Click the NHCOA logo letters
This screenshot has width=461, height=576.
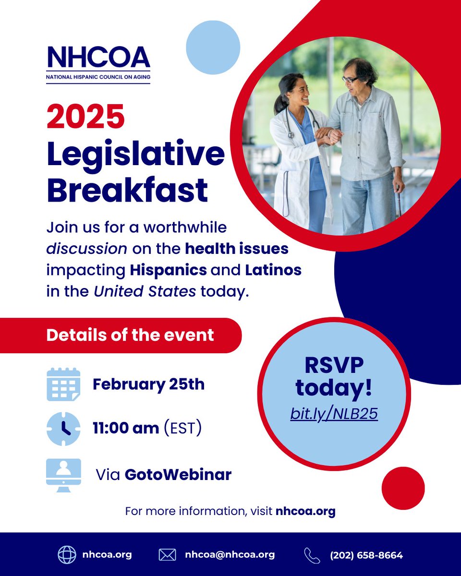98,57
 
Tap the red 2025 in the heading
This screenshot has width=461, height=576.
85,117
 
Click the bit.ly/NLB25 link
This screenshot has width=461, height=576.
334,414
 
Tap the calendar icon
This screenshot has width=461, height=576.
63,384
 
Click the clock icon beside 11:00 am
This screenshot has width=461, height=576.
63,429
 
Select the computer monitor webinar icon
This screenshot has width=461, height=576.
63,475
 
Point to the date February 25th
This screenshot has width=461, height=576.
148,384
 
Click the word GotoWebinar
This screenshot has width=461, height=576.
178,475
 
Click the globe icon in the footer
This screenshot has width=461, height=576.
67,555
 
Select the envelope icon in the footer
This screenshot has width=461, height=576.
167,555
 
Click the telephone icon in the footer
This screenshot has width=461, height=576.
312,555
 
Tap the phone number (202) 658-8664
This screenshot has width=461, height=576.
366,555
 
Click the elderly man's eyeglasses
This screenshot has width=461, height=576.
351,79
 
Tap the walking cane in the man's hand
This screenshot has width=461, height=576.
399,202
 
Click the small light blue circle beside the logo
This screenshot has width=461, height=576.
213,47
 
